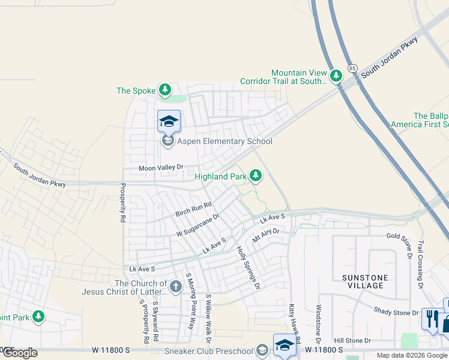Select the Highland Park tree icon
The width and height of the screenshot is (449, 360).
pyautogui.click(x=256, y=175)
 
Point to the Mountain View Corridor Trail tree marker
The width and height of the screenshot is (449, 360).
pyautogui.click(x=336, y=76)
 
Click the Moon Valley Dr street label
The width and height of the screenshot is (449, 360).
pyautogui.click(x=160, y=169)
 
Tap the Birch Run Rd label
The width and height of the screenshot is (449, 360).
pyautogui.click(x=194, y=209)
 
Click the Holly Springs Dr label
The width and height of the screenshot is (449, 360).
pyautogui.click(x=248, y=268)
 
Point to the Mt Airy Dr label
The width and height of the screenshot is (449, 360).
pyautogui.click(x=266, y=235)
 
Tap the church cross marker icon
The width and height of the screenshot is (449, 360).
pyautogui.click(x=175, y=287)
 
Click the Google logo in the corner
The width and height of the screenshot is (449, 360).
pyautogui.click(x=20, y=353)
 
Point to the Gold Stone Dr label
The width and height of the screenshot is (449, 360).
pyautogui.click(x=402, y=237)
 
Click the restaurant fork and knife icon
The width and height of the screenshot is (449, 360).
pyautogui.click(x=430, y=318)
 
